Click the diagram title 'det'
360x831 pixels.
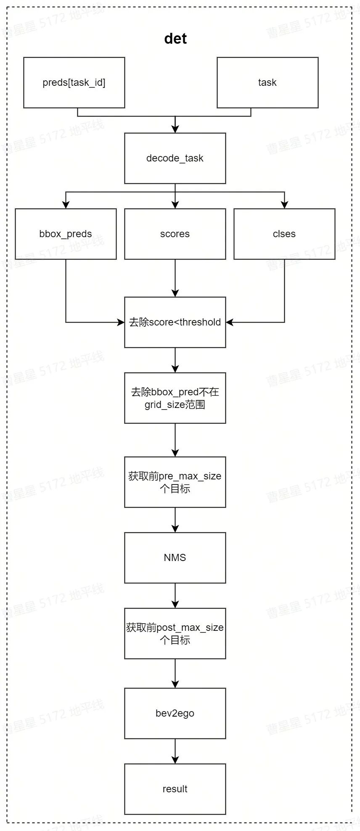tap(175, 39)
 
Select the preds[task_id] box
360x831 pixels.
tap(74, 82)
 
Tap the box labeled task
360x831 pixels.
tap(267, 82)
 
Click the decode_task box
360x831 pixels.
tap(175, 158)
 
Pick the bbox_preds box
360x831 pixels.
tap(66, 234)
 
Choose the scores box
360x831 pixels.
tap(175, 234)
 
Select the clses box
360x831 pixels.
tap(284, 234)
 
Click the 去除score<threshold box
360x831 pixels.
tap(175, 322)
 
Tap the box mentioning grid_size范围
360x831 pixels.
tap(175, 398)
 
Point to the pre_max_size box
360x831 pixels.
tap(175, 482)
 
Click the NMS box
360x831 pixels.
tap(175, 558)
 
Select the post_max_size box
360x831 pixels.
tap(175, 633)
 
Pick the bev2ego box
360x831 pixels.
tap(175, 713)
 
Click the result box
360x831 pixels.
tap(175, 789)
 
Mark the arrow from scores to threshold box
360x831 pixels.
tap(175, 278)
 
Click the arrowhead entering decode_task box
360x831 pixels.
tap(175, 130)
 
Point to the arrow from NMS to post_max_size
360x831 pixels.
tap(175, 595)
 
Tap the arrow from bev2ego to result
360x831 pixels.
tap(175, 751)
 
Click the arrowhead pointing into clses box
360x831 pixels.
tap(284, 205)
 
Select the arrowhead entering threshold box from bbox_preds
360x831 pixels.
tap(121, 322)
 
